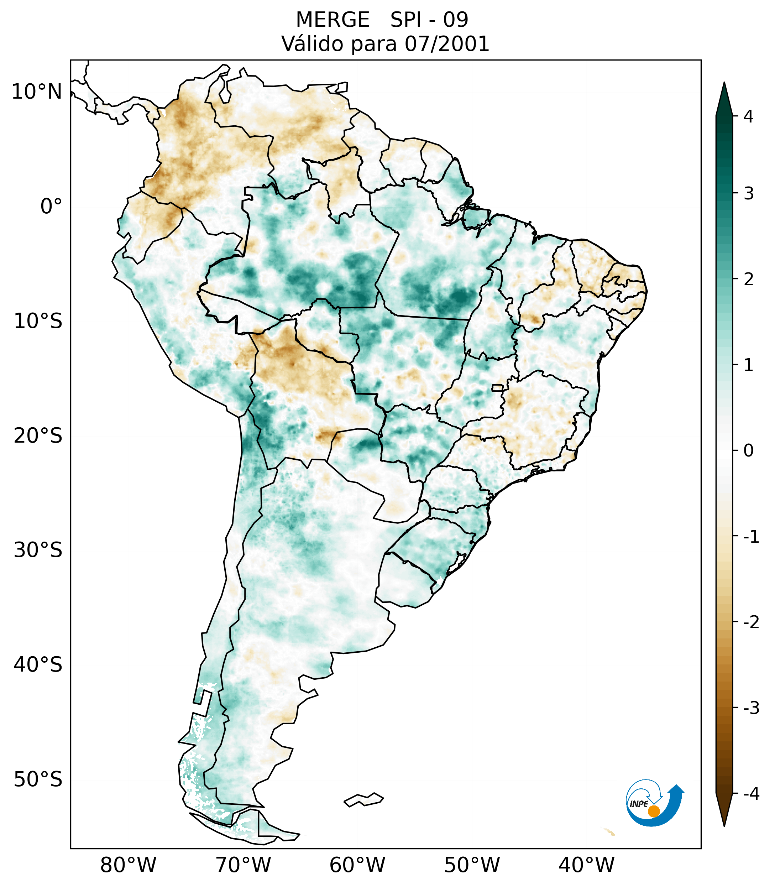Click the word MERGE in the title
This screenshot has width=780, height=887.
(x=333, y=20)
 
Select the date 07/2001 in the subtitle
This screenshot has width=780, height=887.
(x=447, y=44)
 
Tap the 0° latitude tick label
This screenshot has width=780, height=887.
(x=51, y=206)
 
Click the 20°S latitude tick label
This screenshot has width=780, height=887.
(x=38, y=435)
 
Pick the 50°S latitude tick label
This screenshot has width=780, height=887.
(x=38, y=779)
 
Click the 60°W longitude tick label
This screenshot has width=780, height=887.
(x=357, y=865)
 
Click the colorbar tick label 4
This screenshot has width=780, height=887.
(x=748, y=116)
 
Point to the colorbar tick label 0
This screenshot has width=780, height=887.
(x=748, y=450)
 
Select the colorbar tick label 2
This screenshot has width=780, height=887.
(x=748, y=280)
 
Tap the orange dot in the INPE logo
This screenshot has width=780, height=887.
(x=653, y=811)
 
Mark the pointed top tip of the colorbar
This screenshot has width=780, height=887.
(x=724, y=83)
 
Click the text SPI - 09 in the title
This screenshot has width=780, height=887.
(x=429, y=20)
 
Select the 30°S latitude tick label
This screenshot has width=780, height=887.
(x=38, y=550)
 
